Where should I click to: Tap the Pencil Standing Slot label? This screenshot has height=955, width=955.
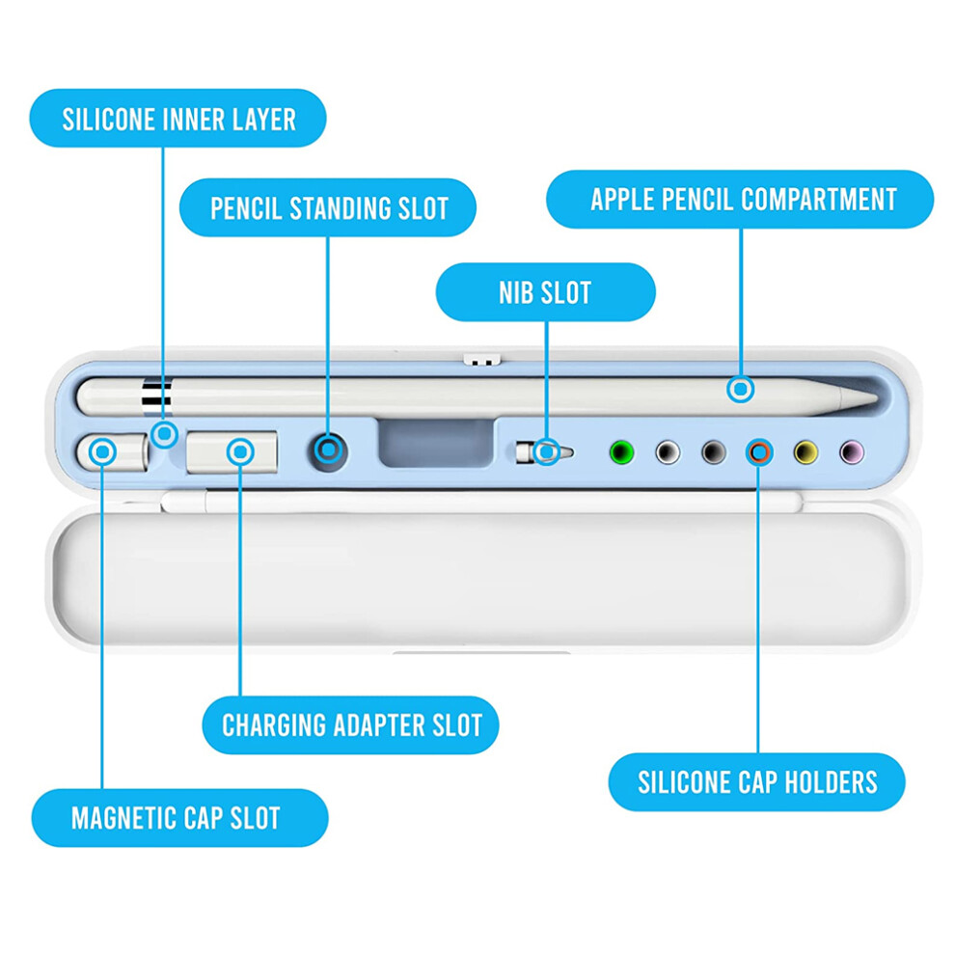coord(328,207)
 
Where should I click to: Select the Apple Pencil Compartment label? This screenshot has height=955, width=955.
coord(740,199)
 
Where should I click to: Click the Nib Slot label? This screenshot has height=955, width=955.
coord(546,292)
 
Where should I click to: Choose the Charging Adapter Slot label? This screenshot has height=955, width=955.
coord(351,725)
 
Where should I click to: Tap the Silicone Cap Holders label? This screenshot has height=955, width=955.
coord(757,782)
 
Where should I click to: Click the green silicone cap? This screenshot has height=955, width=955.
coord(621,452)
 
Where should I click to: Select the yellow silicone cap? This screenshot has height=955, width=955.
coord(805,452)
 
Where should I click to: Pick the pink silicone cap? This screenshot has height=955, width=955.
coord(852,452)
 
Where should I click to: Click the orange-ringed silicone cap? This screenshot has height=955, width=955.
coord(759,452)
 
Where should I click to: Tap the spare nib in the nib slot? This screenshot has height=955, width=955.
coord(544,452)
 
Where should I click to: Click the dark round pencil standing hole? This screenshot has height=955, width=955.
coord(329,451)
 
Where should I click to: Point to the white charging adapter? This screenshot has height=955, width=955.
coord(232,451)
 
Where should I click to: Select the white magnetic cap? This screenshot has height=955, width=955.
coord(113,451)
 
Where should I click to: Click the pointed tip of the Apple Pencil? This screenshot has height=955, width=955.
coord(876,399)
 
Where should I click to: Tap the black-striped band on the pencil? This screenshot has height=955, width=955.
coord(157,396)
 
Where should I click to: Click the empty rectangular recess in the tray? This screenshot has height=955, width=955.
coord(436,443)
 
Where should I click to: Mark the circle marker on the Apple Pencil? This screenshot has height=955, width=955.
coord(741,389)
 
